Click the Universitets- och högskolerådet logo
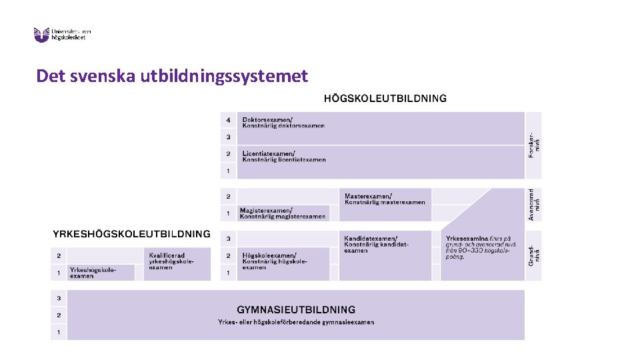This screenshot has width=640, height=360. point(62,34)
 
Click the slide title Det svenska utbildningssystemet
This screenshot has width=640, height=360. point(172,76)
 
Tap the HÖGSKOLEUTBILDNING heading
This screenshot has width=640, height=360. point(385,99)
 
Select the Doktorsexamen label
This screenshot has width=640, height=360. point(283,123)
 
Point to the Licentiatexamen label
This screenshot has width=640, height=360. point(284,157)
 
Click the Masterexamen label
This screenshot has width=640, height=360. point(385,199)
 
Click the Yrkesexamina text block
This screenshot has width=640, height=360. point(479,247)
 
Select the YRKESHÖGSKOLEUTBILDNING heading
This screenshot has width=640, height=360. point(131,234)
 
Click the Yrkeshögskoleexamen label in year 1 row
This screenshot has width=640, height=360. point(93,273)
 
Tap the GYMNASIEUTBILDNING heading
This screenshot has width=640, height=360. point(296,310)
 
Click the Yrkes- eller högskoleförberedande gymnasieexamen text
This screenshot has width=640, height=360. point(296,323)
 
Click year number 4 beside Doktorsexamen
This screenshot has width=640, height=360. point(228,120)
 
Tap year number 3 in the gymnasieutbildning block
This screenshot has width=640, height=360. point(59,298)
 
